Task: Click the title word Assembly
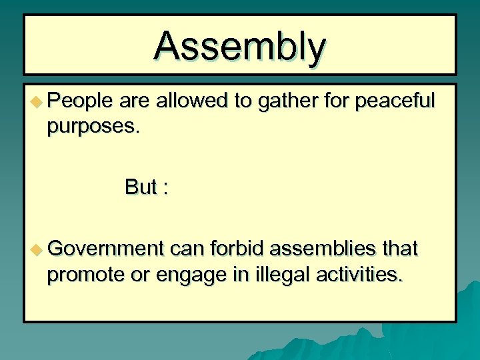pos(240,46)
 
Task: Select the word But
pos(140,187)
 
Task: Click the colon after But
pos(164,189)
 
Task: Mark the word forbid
pos(237,249)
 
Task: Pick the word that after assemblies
pos(399,249)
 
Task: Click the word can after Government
pos(187,250)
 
